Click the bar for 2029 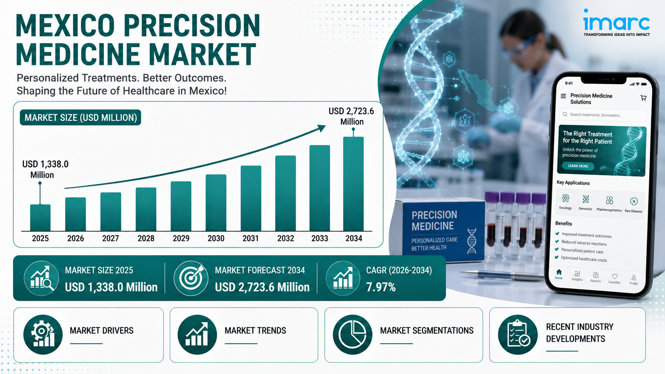point(181,206)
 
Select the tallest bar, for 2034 point(353,184)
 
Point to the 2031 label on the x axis point(251,238)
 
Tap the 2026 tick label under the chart point(76,238)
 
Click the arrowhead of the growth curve point(321,128)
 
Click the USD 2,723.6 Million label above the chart point(351,116)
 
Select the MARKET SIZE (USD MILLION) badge point(80,118)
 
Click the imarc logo point(616,23)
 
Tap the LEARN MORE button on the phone point(578,166)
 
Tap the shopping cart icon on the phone point(644,98)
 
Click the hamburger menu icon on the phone point(563,96)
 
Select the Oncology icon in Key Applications point(566,198)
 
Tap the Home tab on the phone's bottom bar point(559,274)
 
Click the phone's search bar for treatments point(603,115)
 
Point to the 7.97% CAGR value point(381,287)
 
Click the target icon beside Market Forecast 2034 point(191,278)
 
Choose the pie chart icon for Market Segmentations point(352,335)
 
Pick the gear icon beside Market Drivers point(43,335)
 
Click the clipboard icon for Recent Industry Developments point(518,335)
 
